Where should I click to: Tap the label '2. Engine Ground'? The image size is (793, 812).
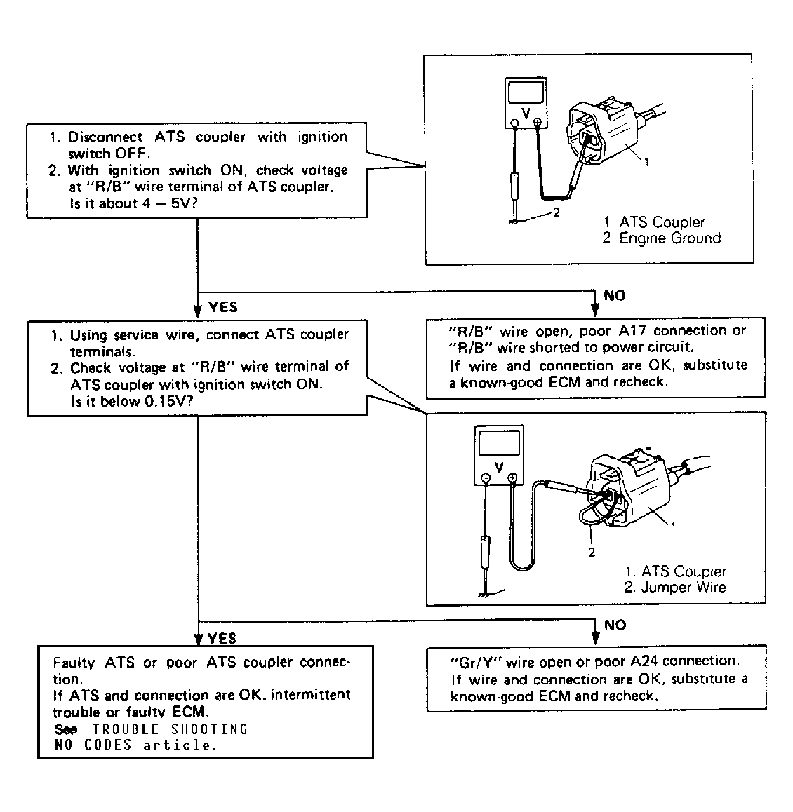pos(662,238)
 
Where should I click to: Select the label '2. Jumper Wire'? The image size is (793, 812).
pos(675,588)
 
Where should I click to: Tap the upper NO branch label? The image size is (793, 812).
pos(614,295)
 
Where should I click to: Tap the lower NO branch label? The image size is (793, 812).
pos(615,624)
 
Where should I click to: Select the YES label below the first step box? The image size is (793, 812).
pos(223,307)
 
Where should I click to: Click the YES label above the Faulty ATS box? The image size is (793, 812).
pos(223,638)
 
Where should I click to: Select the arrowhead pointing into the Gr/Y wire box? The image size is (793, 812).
pos(596,637)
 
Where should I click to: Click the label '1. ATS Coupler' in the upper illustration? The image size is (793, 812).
pos(653,222)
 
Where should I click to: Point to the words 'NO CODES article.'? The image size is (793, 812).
pos(135,745)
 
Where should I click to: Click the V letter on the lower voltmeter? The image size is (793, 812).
pos(499,466)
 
